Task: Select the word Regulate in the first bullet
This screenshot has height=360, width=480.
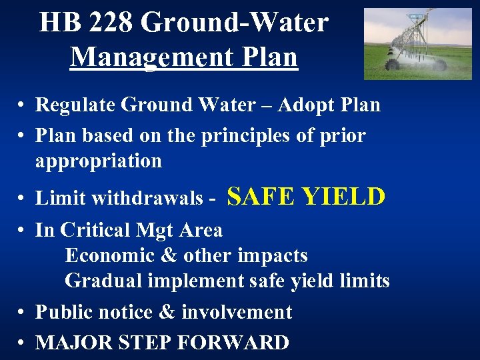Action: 73,105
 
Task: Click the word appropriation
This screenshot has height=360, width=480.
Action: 99,161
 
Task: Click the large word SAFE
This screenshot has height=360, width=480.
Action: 261,196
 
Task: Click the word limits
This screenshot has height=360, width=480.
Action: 365,281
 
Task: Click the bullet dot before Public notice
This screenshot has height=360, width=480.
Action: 21,313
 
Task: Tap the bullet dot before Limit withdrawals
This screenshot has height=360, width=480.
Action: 21,199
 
